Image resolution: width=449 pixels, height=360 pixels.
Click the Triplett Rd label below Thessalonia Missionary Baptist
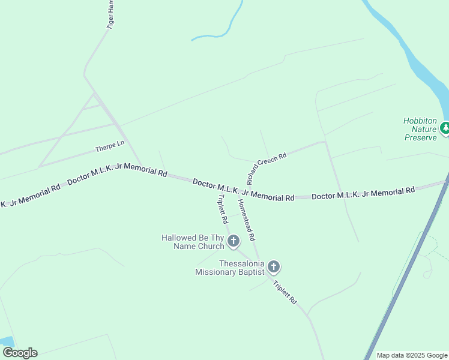click(x=285, y=293)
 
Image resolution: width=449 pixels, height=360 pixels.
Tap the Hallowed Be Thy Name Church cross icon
click(x=233, y=241)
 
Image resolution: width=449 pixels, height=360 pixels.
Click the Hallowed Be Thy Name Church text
click(x=193, y=242)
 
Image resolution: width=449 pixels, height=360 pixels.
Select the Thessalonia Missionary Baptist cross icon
click(x=273, y=266)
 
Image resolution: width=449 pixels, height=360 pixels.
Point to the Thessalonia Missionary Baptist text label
click(x=230, y=268)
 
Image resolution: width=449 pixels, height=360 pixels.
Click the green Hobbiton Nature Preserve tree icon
click(x=445, y=128)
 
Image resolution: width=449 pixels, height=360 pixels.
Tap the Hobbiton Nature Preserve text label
click(x=420, y=129)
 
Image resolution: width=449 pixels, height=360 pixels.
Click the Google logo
click(x=20, y=353)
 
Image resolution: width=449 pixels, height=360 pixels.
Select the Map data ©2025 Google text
click(x=412, y=355)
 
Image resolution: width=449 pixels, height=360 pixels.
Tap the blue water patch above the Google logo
click(x=7, y=342)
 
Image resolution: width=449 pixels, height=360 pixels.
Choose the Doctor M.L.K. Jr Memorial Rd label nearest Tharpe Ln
click(x=117, y=174)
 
